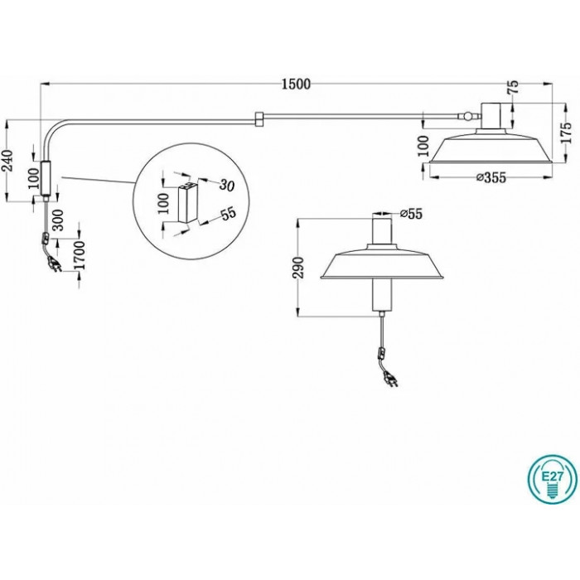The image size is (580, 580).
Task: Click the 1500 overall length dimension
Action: tap(296, 85)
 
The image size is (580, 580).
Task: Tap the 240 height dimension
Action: tap(9, 161)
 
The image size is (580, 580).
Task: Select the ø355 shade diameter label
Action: tap(491, 177)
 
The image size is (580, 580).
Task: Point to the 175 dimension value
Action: tap(566, 132)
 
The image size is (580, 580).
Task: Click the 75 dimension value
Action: tap(514, 87)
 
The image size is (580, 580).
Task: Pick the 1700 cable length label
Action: tap(80, 255)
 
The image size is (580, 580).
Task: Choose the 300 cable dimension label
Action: tap(59, 220)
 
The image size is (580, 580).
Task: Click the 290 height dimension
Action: tap(298, 267)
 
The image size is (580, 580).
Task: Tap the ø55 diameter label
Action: tap(411, 214)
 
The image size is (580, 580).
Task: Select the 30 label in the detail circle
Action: tap(226, 185)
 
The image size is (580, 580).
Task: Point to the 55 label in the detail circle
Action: tap(228, 214)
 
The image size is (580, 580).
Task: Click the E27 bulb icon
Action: tap(553, 479)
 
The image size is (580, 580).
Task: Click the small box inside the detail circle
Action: tap(188, 202)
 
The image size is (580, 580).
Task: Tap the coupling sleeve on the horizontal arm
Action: tap(259, 118)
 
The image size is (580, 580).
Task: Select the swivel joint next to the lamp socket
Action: tap(468, 117)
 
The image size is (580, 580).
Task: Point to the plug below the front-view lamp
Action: tap(392, 379)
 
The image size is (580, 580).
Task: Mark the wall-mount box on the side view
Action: tap(46, 178)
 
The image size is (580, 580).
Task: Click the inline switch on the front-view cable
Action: tap(381, 353)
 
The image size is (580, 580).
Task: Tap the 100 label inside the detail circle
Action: tap(164, 203)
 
